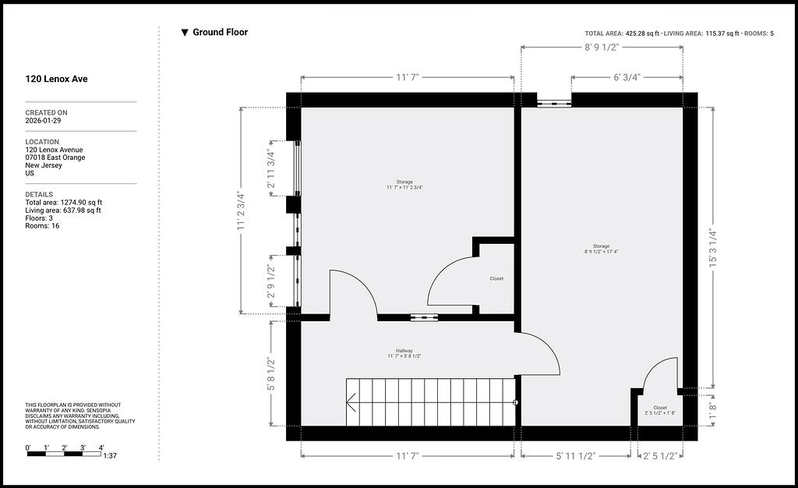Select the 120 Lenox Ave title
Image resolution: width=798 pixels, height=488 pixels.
coord(56,79)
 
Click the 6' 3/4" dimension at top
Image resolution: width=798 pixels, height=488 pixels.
coord(627,77)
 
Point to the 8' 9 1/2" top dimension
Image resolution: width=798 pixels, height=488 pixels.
coord(602,48)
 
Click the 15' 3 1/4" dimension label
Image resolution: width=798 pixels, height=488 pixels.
coord(713,249)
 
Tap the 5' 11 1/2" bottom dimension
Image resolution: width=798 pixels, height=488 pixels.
coord(575,456)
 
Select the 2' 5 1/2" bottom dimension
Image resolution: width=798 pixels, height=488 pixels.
coord(660,456)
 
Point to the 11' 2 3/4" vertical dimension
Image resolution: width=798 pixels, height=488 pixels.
coord(242,211)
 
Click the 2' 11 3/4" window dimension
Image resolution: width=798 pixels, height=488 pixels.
coord(270,169)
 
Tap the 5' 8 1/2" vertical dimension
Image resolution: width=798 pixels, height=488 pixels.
coord(270,374)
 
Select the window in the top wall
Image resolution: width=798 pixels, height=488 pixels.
coord(554,104)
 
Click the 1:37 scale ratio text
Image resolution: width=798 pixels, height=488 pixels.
coord(110,456)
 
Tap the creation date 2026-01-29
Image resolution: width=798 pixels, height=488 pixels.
coord(44,121)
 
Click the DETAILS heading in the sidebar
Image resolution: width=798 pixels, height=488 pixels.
coord(39,194)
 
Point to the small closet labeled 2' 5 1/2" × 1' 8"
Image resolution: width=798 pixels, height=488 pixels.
coord(660,410)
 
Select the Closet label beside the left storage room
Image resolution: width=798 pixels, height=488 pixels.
coord(496,279)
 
